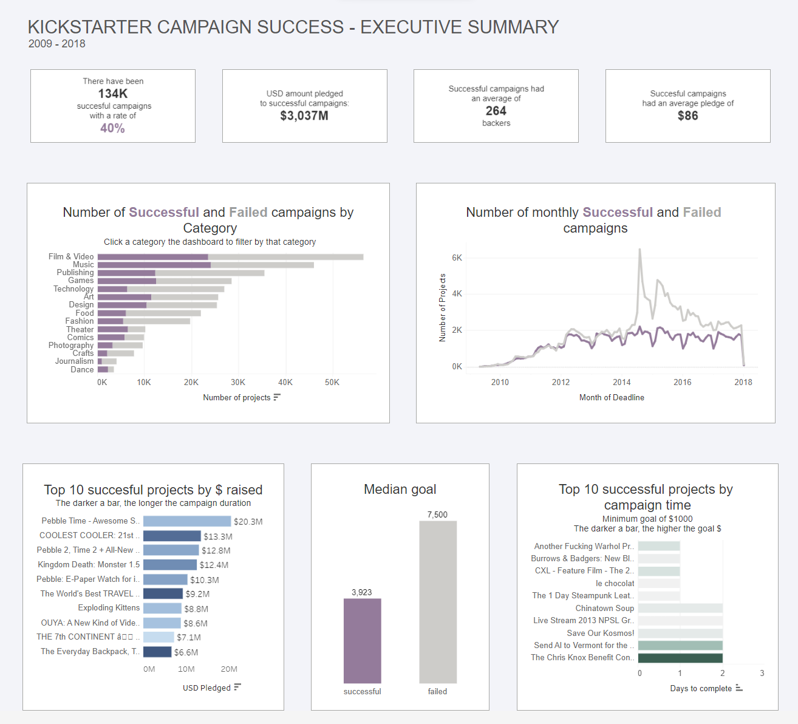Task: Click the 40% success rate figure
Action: (x=112, y=128)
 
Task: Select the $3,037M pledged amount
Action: (x=304, y=115)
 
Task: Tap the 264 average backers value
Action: (x=496, y=111)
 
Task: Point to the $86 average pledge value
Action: (x=687, y=115)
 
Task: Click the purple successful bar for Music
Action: (x=154, y=265)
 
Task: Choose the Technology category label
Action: (x=73, y=289)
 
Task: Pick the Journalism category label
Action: (x=75, y=361)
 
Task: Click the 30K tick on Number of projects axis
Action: (x=238, y=383)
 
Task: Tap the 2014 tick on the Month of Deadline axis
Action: (x=622, y=383)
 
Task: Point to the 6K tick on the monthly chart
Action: (x=457, y=258)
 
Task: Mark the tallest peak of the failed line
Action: (x=639, y=249)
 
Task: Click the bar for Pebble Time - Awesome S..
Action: (x=187, y=521)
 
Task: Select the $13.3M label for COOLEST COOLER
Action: (x=218, y=536)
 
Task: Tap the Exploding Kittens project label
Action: (x=109, y=608)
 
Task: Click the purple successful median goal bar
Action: (x=363, y=641)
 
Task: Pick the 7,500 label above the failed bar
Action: (x=437, y=514)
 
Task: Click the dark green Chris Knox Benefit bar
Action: (x=680, y=658)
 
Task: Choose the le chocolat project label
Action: (x=615, y=584)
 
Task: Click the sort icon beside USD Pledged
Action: (x=237, y=687)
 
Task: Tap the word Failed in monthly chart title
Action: (x=702, y=213)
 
